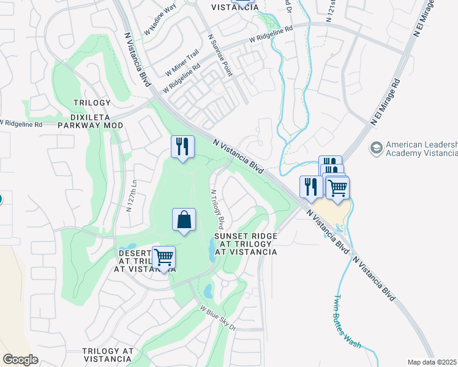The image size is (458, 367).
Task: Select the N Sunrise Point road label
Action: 220,54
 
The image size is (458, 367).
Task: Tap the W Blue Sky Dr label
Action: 217,317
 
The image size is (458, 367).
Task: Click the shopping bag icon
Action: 184,220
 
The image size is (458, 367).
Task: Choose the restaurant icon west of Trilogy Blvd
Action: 182,147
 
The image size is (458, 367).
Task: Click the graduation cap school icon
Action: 377,148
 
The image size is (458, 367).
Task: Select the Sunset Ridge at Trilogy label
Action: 246,243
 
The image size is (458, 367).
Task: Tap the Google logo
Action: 20,360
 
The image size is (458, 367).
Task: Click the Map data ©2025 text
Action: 431,362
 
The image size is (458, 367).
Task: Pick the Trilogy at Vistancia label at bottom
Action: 108,355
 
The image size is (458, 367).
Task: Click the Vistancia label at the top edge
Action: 235,7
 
